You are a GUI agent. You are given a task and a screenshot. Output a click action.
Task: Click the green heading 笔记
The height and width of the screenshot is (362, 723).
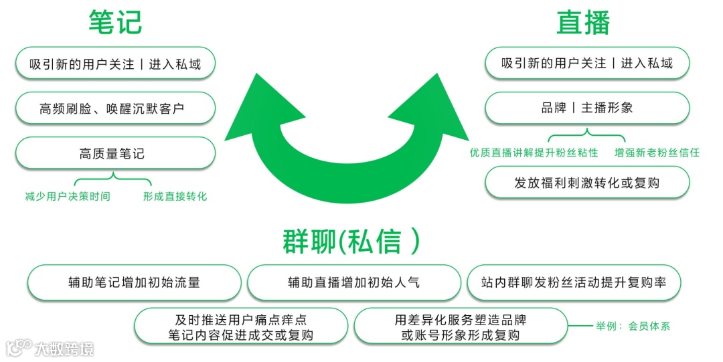point(115,22)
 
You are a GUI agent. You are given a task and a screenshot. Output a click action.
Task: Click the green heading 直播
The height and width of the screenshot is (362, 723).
point(584,22)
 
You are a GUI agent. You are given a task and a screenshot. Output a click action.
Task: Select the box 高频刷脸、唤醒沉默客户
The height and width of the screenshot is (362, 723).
point(115,108)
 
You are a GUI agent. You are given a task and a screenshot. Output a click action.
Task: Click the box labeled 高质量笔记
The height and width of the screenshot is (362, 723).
point(115,154)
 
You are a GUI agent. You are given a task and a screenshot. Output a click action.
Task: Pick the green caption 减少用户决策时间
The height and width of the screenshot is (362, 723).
point(68,197)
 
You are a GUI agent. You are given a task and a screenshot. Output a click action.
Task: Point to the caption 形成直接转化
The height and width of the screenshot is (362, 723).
point(175,197)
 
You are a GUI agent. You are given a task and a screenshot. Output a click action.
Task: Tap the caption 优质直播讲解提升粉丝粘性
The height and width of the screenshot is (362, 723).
point(534,153)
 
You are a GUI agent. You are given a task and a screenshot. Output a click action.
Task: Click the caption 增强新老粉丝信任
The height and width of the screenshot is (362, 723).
point(657,153)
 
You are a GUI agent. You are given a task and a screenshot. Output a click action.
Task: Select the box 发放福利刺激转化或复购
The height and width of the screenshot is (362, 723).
point(586,183)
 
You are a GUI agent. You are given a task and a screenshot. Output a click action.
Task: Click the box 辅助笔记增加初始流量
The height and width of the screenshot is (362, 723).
point(134,282)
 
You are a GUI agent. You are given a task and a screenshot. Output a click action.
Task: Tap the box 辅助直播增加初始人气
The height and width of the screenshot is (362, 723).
point(353,282)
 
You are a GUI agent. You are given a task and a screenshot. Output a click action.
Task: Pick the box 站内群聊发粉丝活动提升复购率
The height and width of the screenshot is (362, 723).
point(574,282)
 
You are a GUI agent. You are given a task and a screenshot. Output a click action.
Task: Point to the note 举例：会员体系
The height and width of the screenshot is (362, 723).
point(633,327)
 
